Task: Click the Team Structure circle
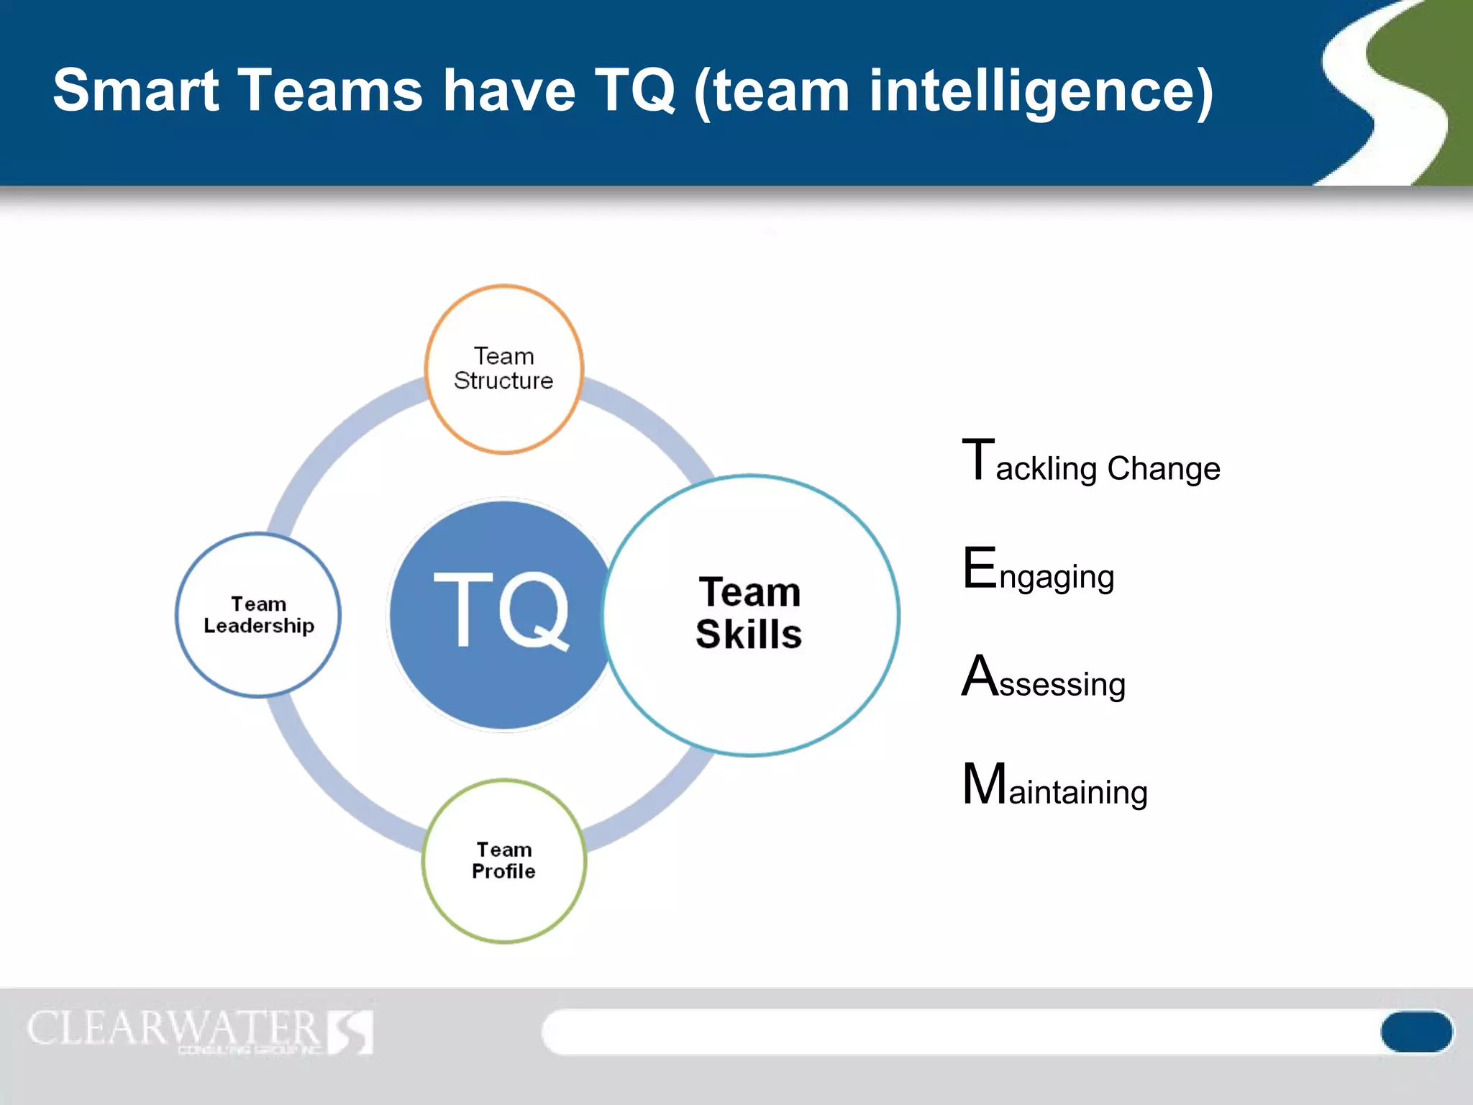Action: (503, 369)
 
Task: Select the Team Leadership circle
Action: (258, 615)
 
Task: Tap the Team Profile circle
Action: (503, 860)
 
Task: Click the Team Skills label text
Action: (749, 613)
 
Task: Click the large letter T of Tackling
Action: (978, 460)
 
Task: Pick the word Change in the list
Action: (1163, 469)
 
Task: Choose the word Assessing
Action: (1044, 678)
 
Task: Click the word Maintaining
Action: (1054, 786)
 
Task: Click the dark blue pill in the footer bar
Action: (1415, 1031)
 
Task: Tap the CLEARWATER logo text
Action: (173, 1028)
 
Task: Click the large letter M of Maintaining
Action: (984, 783)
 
